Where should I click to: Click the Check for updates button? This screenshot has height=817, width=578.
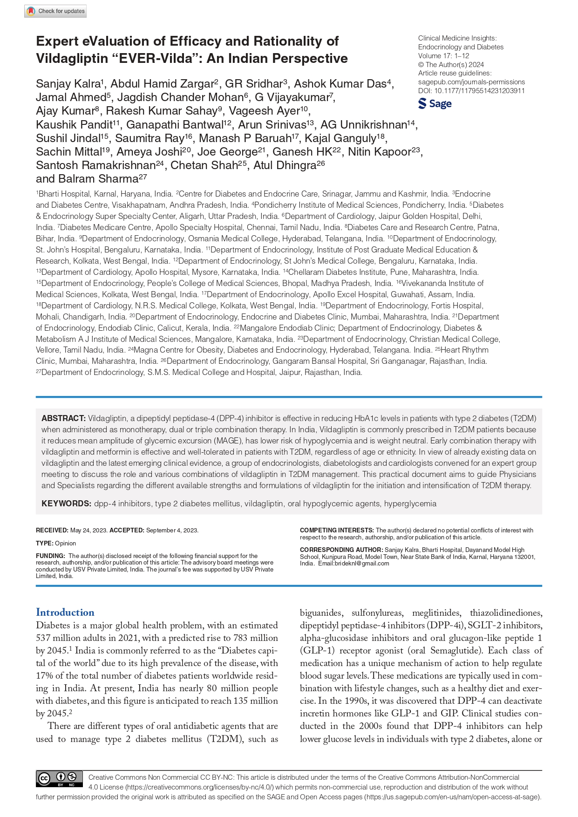[55, 11]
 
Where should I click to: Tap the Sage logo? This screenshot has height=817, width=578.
[435, 103]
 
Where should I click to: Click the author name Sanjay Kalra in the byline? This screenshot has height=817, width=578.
[68, 84]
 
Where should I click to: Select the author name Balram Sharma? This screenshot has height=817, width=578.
[98, 179]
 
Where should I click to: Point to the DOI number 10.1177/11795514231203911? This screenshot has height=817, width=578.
[479, 91]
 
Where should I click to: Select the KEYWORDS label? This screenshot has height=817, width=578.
[66, 504]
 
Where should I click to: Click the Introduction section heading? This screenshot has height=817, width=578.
[65, 612]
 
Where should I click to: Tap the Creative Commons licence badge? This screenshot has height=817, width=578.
[59, 779]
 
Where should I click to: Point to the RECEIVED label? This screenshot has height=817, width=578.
[52, 530]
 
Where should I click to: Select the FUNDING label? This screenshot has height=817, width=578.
[50, 556]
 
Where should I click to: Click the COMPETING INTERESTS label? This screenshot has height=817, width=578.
[337, 530]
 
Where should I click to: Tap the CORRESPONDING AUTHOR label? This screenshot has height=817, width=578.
[341, 550]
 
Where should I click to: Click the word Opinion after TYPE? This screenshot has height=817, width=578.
[65, 543]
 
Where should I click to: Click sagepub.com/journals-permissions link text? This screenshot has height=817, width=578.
[471, 82]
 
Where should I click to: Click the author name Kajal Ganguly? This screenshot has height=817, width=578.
[340, 138]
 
